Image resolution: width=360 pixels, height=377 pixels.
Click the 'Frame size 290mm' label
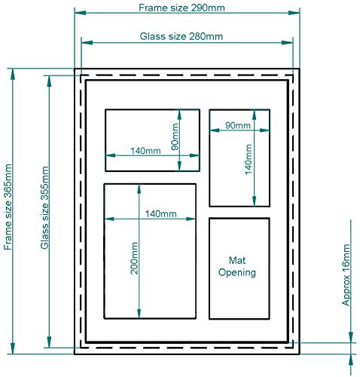click(x=182, y=8)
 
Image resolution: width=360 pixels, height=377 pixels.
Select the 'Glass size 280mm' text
click(x=182, y=36)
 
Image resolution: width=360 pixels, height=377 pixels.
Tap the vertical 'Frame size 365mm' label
click(x=8, y=207)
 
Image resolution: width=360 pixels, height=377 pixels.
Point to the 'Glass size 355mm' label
click(x=44, y=207)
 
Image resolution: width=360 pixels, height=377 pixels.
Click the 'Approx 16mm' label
click(x=346, y=275)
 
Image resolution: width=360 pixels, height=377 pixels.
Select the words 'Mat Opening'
click(x=237, y=266)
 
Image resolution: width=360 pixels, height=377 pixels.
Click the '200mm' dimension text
click(x=134, y=258)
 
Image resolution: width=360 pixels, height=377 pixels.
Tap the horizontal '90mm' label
click(x=238, y=125)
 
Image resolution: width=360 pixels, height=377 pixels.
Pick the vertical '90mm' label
click(x=175, y=136)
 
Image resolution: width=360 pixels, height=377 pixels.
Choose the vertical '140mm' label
click(x=248, y=159)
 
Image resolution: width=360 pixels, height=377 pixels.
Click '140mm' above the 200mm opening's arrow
click(x=160, y=214)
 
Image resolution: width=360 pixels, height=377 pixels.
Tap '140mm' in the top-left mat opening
click(x=145, y=151)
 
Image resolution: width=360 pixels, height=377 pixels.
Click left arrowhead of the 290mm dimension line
click(x=80, y=13)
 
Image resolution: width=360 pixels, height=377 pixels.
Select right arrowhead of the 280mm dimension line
click(x=288, y=43)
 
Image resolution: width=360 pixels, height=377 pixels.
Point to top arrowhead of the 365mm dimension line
click(x=13, y=74)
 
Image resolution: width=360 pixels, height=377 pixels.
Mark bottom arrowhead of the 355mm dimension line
click(x=49, y=342)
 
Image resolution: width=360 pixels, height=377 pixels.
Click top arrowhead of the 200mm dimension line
click(x=139, y=189)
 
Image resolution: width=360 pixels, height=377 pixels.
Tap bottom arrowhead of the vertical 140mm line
click(x=255, y=201)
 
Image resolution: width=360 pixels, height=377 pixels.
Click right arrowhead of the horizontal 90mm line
click(x=264, y=130)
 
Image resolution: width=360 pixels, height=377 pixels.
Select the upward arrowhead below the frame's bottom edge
click(x=351, y=360)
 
